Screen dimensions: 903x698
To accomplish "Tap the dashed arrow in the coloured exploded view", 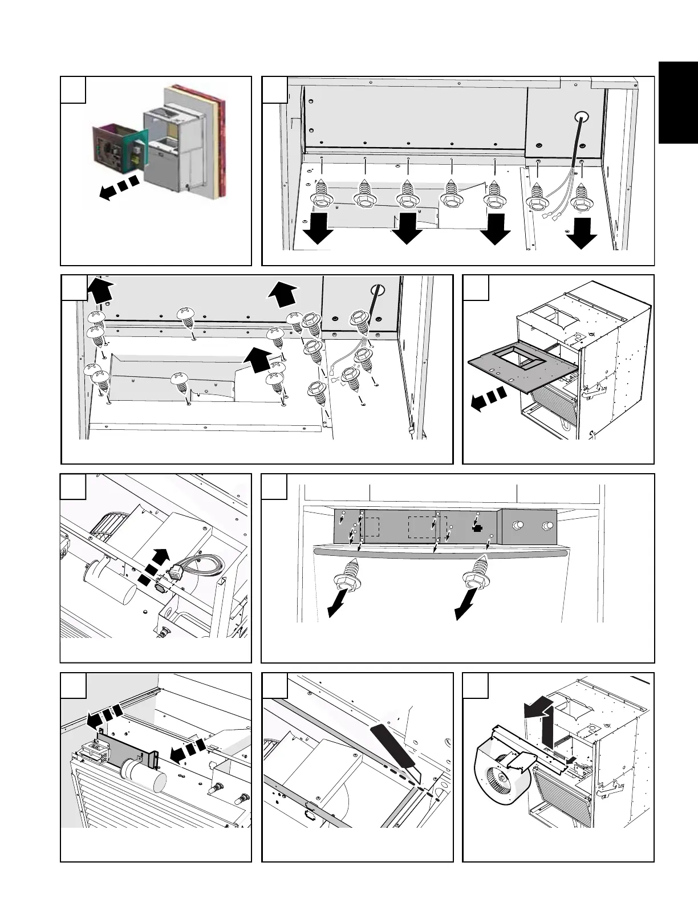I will [119, 189].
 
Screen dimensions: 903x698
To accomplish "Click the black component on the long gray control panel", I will [477, 528].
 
